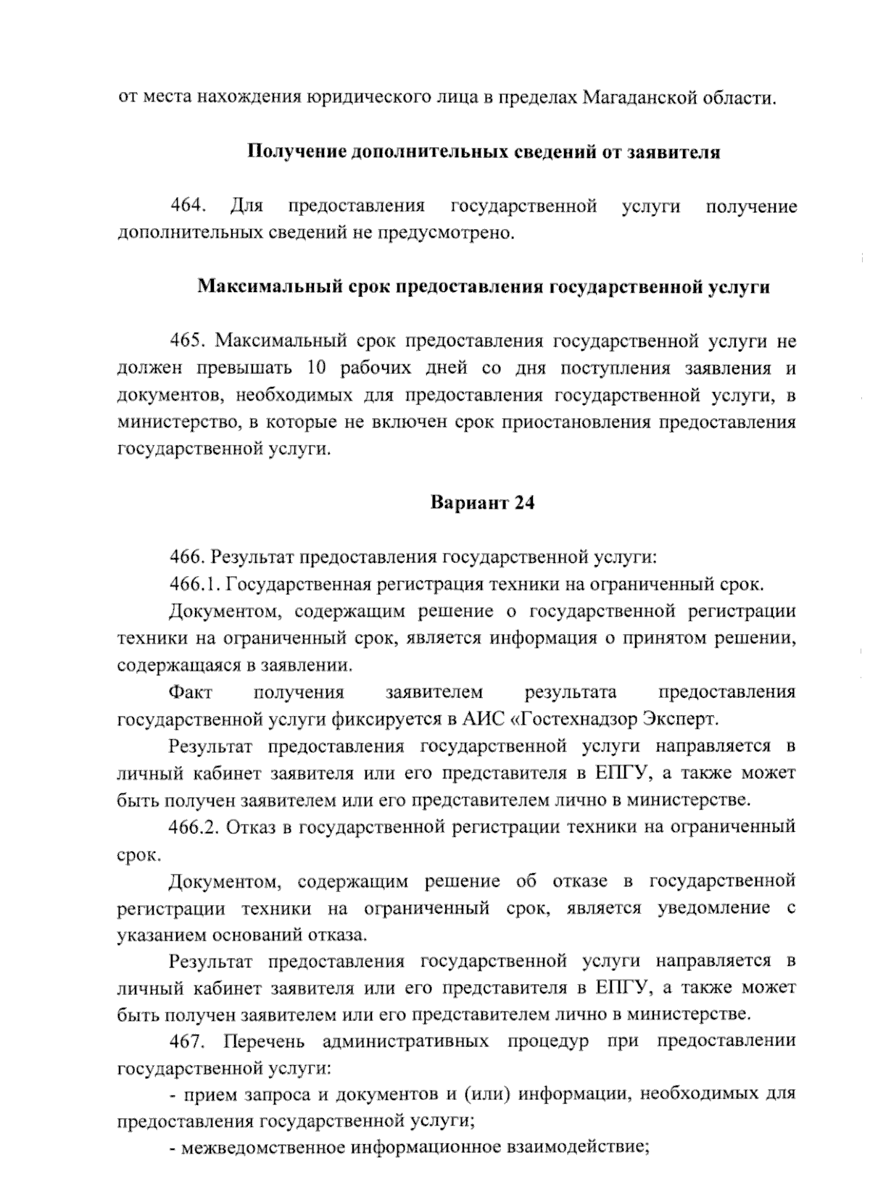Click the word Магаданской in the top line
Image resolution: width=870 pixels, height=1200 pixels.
pos(641,97)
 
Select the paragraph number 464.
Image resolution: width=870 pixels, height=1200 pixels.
pos(188,207)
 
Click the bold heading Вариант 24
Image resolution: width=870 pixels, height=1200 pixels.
pos(482,503)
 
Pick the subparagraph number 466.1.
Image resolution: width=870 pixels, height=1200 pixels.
pos(196,584)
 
